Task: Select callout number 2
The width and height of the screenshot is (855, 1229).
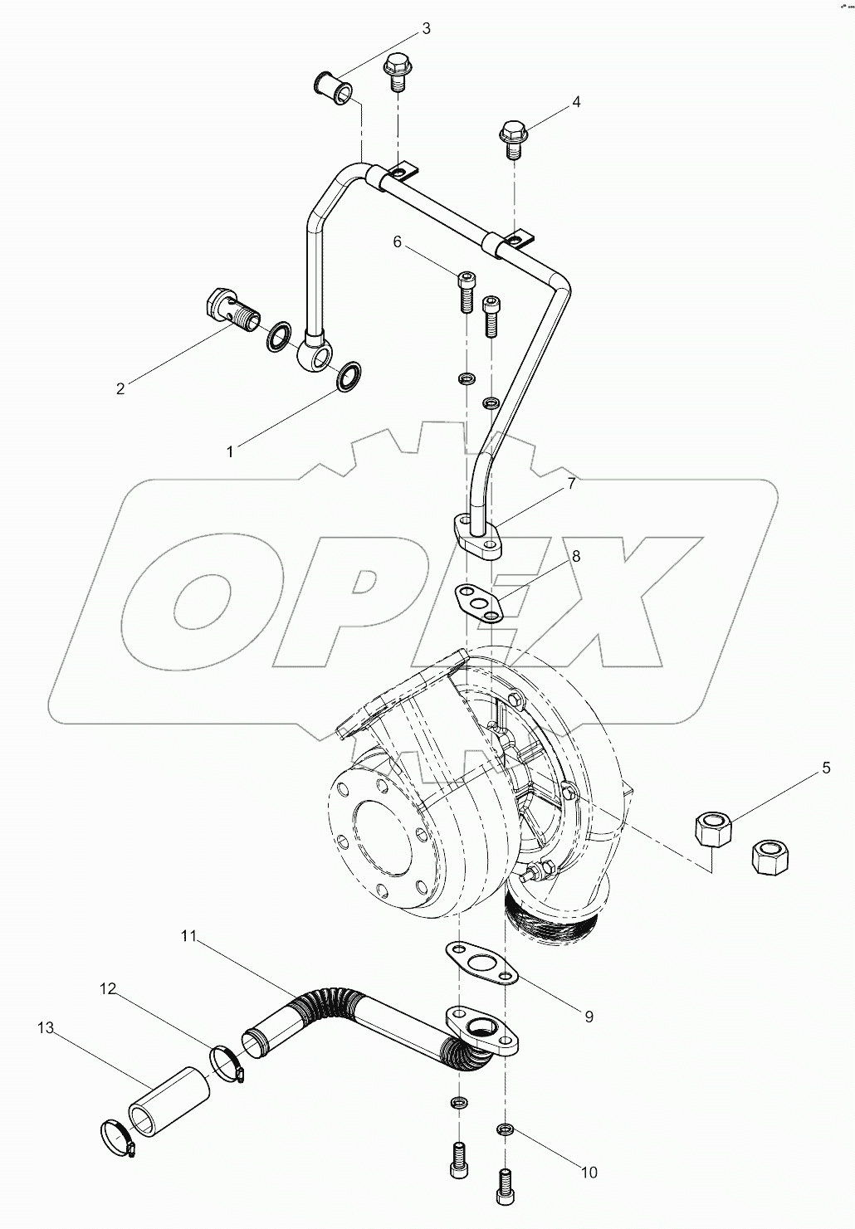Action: [x=120, y=388]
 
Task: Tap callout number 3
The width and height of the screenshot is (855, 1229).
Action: [x=426, y=29]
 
